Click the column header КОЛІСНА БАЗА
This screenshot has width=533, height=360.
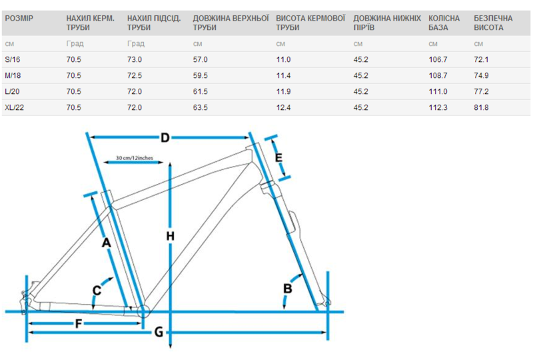click(x=442, y=23)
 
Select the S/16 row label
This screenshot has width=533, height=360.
click(x=13, y=59)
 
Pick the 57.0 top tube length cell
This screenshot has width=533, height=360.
click(x=201, y=59)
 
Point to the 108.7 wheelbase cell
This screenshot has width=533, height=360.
click(x=438, y=75)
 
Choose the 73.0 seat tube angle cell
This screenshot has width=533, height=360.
click(x=134, y=59)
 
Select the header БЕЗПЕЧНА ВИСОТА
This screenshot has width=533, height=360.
click(x=493, y=23)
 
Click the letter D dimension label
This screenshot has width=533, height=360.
click(x=165, y=138)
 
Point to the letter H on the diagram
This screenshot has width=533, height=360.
click(x=171, y=236)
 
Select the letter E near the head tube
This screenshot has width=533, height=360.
click(x=279, y=158)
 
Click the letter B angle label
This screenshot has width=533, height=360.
click(x=288, y=289)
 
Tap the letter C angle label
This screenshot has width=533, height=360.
click(x=97, y=289)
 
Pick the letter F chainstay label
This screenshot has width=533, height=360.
click(x=79, y=324)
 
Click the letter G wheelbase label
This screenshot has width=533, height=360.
click(x=159, y=332)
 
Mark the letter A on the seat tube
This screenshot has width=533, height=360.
click(x=106, y=243)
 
